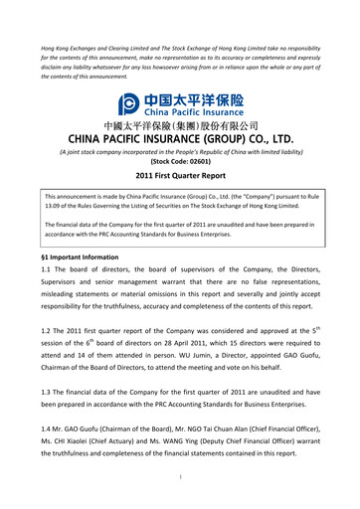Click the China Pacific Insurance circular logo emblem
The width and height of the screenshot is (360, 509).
click(128, 104)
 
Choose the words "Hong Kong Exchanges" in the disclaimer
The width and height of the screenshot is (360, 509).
click(75, 48)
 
